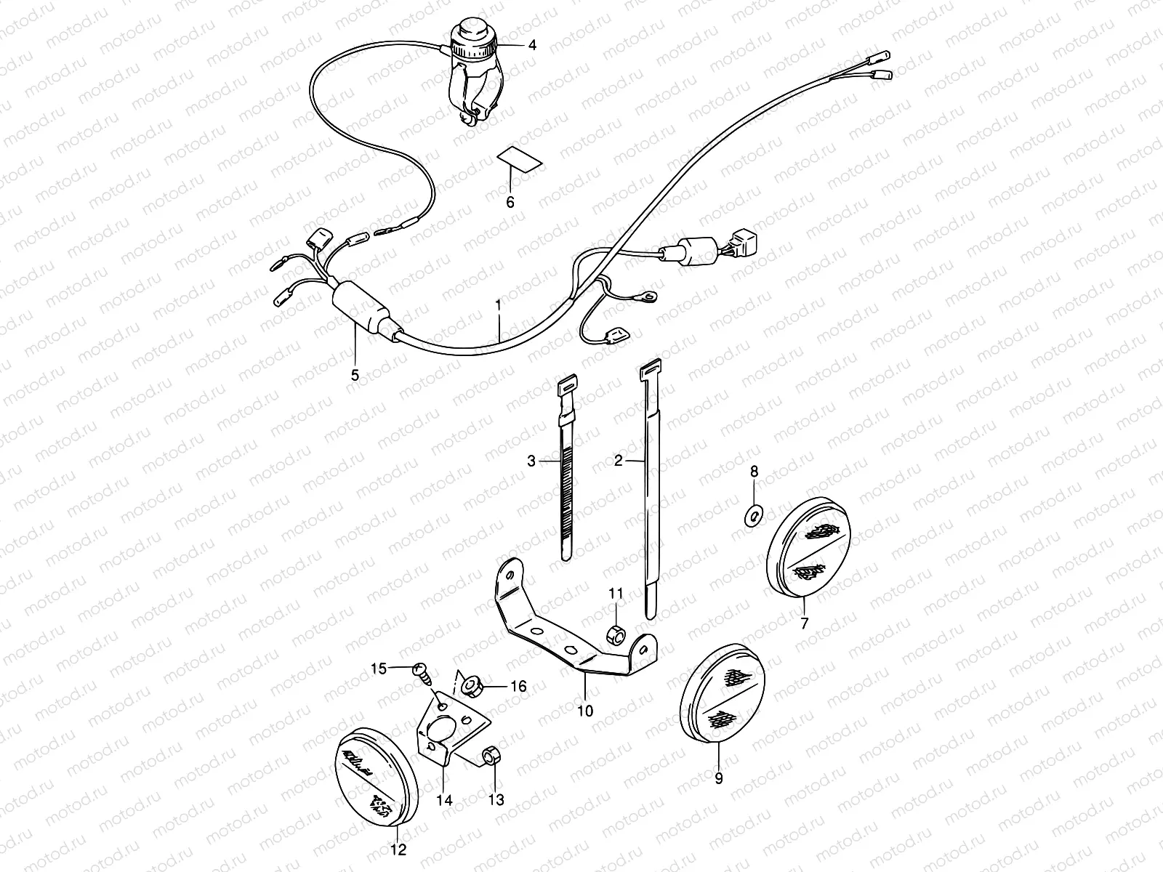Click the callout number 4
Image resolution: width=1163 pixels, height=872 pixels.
coord(532,45)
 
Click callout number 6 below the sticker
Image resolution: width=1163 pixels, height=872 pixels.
coord(510,202)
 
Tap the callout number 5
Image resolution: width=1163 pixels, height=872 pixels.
coord(355,375)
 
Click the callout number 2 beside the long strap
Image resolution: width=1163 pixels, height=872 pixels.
coord(619,460)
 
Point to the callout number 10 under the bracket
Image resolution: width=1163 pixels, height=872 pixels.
coord(585,710)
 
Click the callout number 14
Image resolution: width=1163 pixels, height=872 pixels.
coord(444,800)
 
